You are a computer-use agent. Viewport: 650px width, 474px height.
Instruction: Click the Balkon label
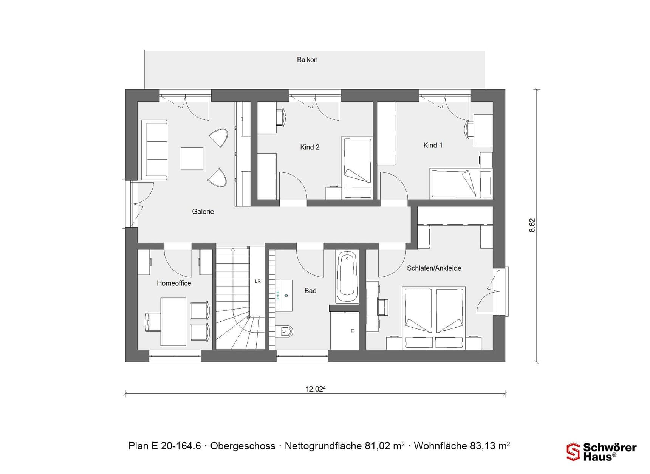(x=307, y=60)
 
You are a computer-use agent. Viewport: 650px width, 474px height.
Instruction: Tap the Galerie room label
(x=203, y=212)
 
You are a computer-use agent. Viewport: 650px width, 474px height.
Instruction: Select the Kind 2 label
(x=310, y=147)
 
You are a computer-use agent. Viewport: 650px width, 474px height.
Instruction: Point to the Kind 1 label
(x=433, y=145)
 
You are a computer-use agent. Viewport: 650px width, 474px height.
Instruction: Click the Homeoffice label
(x=174, y=283)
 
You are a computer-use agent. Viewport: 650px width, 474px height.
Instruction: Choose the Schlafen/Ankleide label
(x=434, y=268)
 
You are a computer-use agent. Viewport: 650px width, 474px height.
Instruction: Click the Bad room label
(x=310, y=291)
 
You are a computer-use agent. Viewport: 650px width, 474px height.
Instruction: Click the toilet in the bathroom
(x=286, y=331)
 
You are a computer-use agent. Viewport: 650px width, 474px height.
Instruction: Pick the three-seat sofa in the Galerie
(x=155, y=150)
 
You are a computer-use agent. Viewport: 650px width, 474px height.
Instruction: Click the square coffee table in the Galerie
(x=192, y=158)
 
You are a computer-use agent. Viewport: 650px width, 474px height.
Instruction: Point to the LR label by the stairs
(x=258, y=281)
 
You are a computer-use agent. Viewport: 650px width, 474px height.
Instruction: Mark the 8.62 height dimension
(x=532, y=225)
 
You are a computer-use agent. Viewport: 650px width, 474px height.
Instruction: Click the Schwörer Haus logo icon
(x=573, y=452)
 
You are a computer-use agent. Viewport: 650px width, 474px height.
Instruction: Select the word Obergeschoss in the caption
(x=243, y=446)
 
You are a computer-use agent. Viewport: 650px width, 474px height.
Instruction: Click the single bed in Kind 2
(x=357, y=167)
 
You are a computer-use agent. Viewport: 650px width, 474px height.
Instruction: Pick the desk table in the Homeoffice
(x=173, y=322)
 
